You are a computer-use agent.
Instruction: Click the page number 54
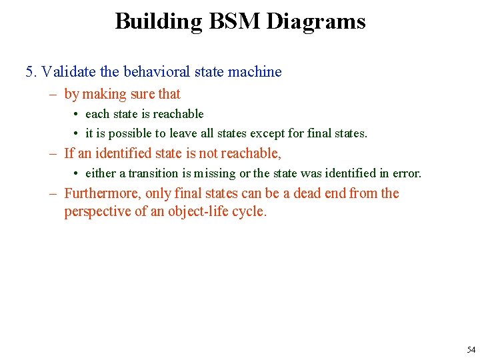tap(471, 350)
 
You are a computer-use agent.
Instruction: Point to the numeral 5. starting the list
tap(31, 72)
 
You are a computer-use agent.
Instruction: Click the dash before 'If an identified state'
tap(53, 154)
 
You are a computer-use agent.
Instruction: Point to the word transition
tap(154, 173)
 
